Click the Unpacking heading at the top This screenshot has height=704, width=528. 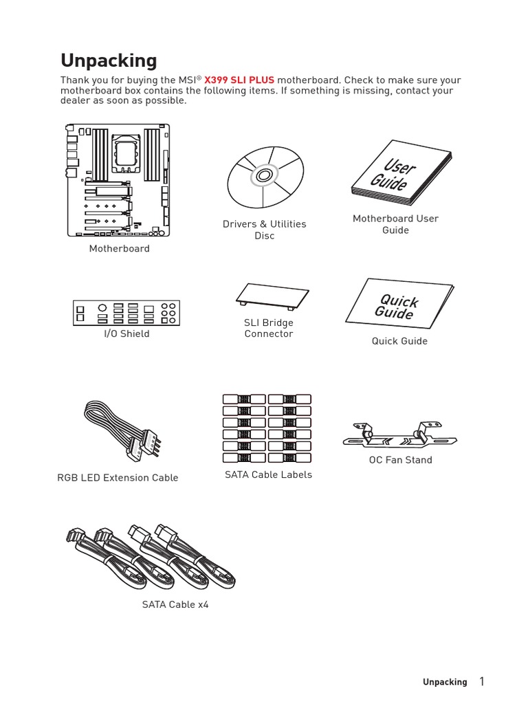(x=109, y=60)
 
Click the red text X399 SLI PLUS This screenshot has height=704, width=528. (x=239, y=80)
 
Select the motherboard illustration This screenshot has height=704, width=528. (x=118, y=181)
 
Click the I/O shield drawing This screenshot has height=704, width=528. (x=126, y=313)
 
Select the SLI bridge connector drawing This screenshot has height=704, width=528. (x=272, y=295)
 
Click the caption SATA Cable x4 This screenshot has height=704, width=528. (x=175, y=605)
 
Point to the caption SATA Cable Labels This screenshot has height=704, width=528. (x=268, y=474)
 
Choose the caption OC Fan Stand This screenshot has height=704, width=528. (x=401, y=460)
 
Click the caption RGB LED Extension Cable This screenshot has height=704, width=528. (x=118, y=478)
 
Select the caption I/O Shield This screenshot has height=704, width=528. (x=126, y=333)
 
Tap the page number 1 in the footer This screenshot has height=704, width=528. (x=482, y=681)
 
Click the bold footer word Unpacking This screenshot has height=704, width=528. (x=444, y=682)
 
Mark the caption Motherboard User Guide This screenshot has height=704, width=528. (x=395, y=224)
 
